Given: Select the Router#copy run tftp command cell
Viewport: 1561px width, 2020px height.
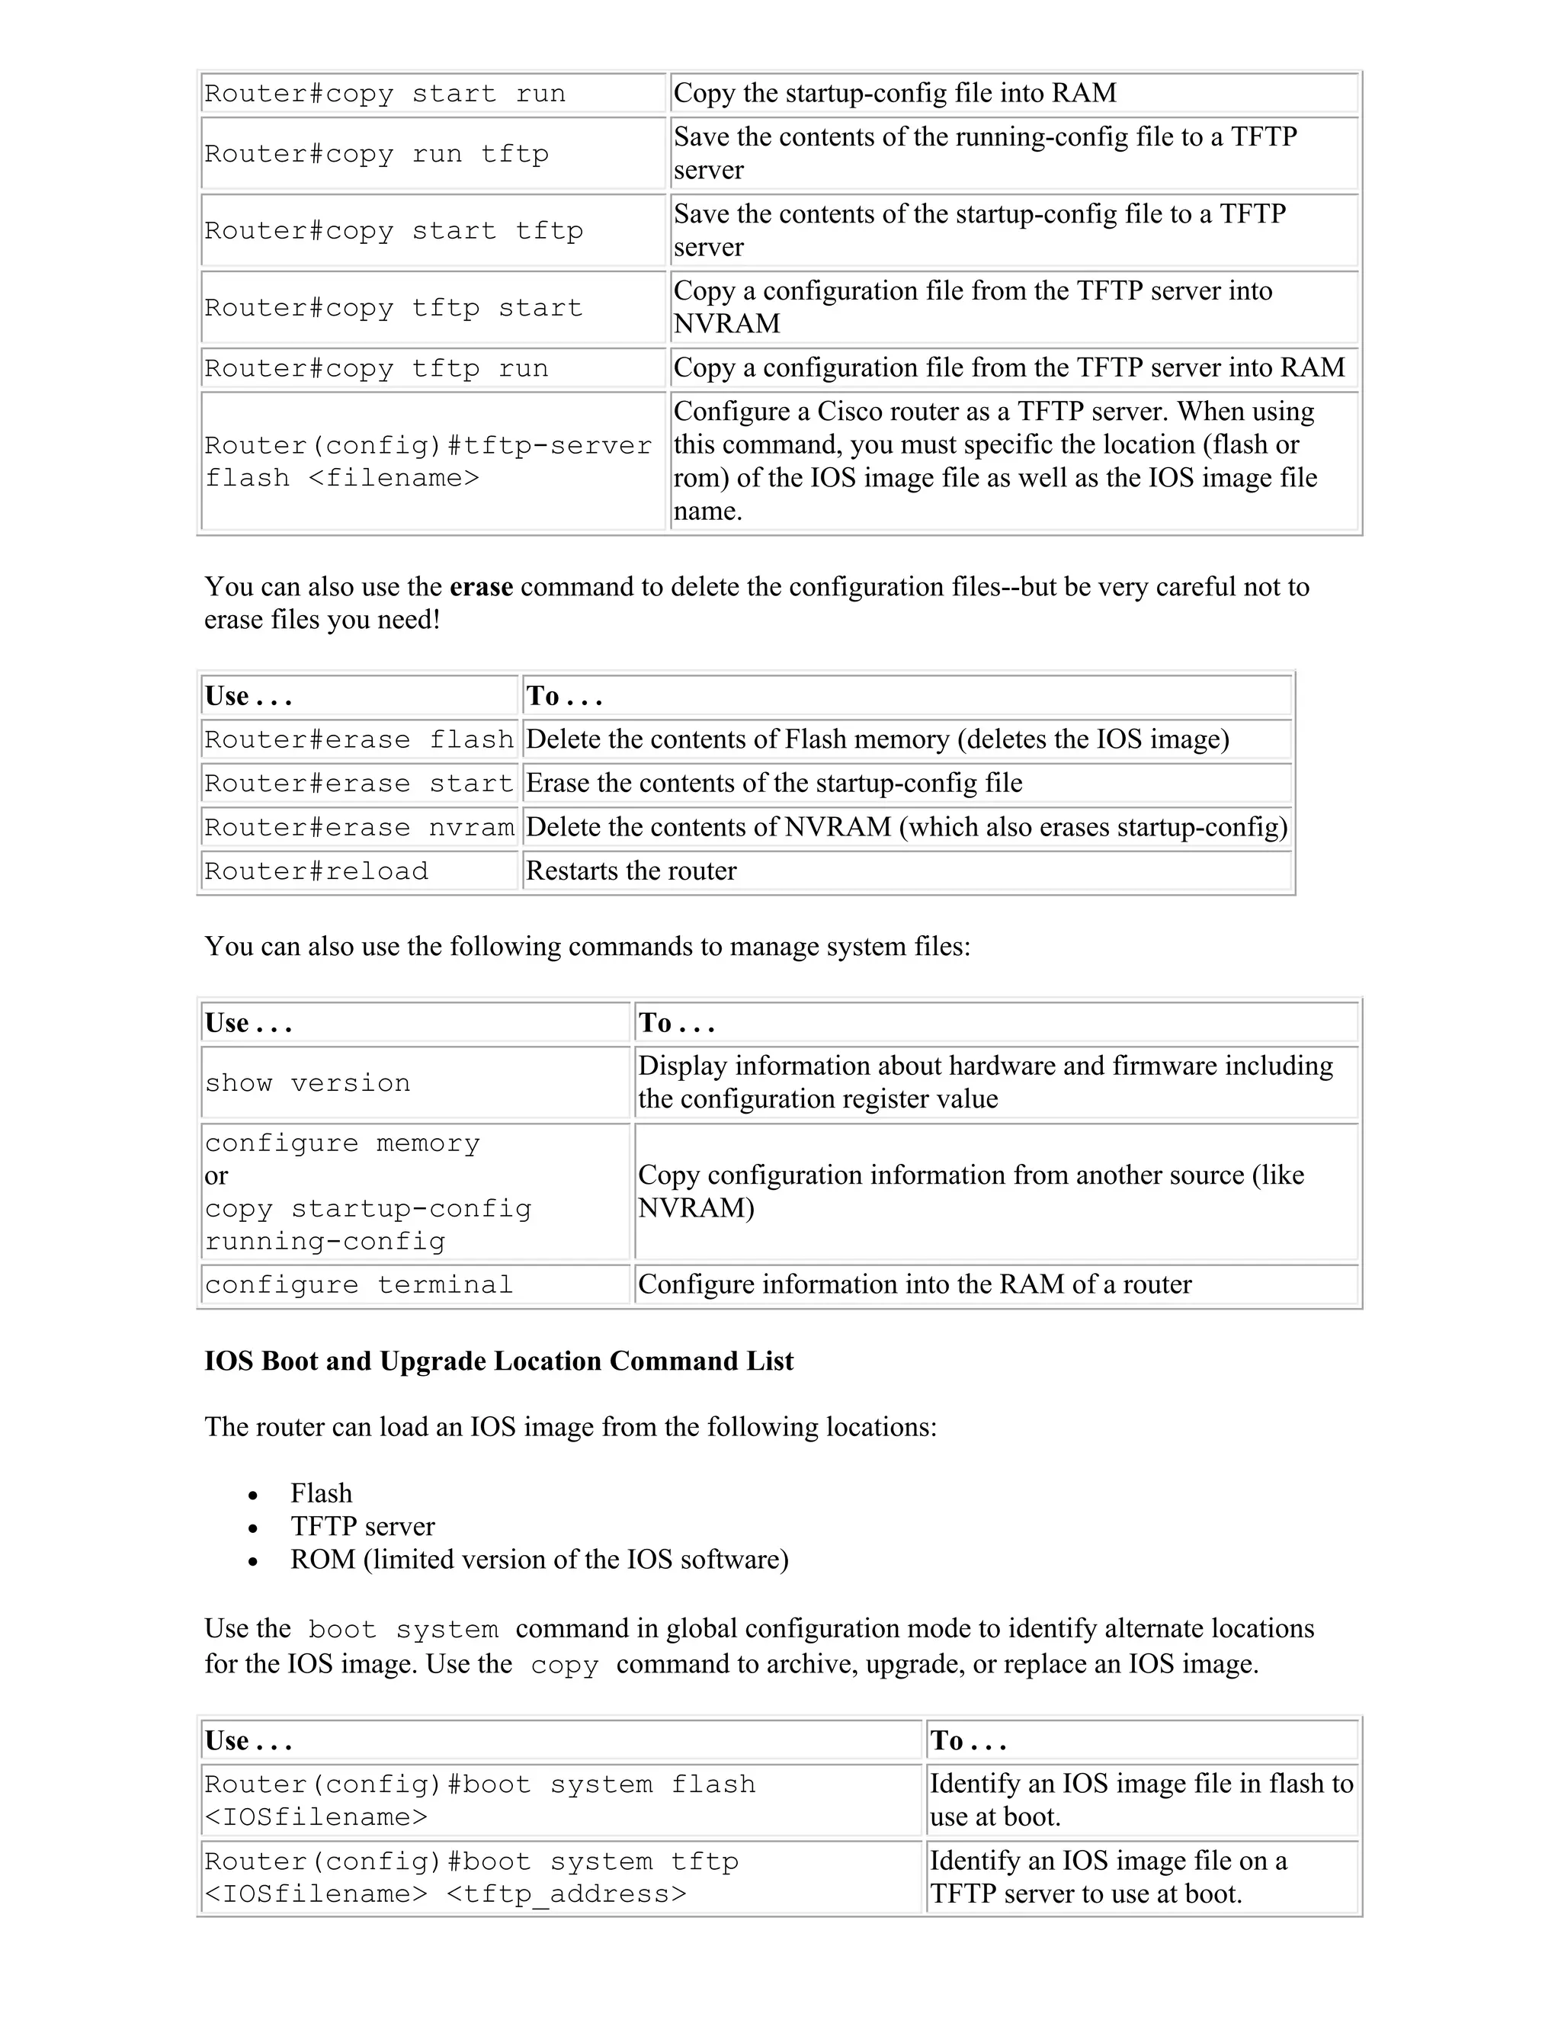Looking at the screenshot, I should click(x=377, y=153).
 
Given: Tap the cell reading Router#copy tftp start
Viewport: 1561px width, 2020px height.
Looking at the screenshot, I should click(x=393, y=307).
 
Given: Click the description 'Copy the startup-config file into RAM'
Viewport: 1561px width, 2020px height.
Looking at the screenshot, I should click(x=894, y=92).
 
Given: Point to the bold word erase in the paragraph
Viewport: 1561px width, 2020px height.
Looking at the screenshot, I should click(x=481, y=586).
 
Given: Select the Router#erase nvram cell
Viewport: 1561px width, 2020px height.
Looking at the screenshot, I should click(x=359, y=827).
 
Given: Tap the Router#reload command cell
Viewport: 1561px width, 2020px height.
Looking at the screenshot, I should click(x=316, y=871).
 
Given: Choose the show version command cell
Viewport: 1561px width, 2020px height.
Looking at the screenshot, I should click(x=307, y=1082).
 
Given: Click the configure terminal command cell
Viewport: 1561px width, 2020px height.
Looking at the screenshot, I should click(x=359, y=1284).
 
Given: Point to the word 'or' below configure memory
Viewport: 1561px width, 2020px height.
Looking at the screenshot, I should click(x=216, y=1175).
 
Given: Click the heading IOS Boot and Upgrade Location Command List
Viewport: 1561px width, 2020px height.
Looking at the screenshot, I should click(x=498, y=1361).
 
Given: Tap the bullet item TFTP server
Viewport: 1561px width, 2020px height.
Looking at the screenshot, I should click(x=363, y=1527).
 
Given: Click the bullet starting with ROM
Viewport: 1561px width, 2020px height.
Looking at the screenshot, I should click(x=539, y=1560).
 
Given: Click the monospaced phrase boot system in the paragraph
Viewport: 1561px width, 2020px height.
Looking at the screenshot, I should click(x=402, y=1630).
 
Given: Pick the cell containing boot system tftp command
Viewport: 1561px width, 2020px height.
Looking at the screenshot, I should click(x=472, y=1877).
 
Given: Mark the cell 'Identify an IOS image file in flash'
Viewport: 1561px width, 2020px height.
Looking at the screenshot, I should click(x=1140, y=1800).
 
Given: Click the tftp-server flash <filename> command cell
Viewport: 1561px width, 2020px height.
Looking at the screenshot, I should click(x=428, y=461).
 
